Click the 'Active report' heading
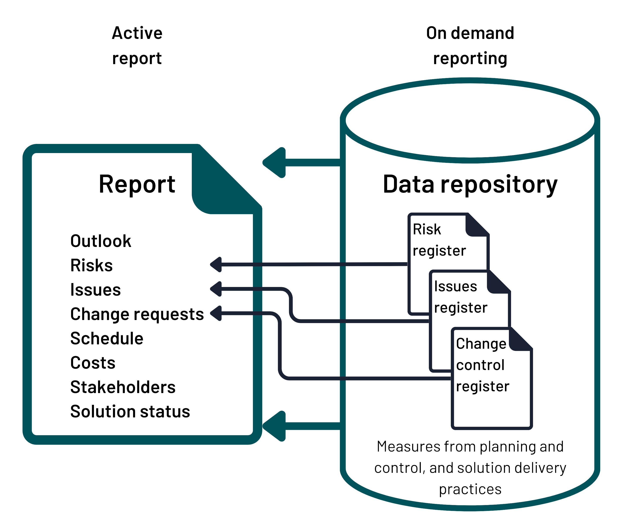tap(137, 45)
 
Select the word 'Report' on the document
tap(137, 184)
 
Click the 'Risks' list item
tap(92, 265)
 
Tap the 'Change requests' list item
tap(137, 314)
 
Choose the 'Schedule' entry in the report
tap(107, 339)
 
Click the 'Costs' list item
tap(93, 363)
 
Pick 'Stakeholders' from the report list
tap(123, 387)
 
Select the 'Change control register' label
tap(482, 365)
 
